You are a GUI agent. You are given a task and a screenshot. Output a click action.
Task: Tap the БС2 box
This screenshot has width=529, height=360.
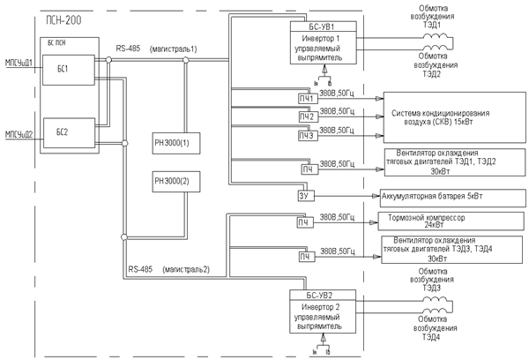63,135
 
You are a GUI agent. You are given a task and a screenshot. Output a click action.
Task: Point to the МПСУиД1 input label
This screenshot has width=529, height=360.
19,64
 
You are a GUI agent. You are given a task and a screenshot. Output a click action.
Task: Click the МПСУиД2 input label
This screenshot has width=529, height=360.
19,134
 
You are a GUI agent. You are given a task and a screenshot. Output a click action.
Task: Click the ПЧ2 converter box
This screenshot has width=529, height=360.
306,117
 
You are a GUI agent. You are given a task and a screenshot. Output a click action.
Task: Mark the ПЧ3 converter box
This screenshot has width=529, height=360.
306,136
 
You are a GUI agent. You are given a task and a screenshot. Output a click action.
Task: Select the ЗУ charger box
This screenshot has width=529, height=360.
306,196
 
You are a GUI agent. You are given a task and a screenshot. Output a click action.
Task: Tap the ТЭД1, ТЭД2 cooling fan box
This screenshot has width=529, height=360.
427,162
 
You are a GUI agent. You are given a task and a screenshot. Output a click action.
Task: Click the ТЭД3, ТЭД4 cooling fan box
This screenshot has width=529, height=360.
427,249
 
